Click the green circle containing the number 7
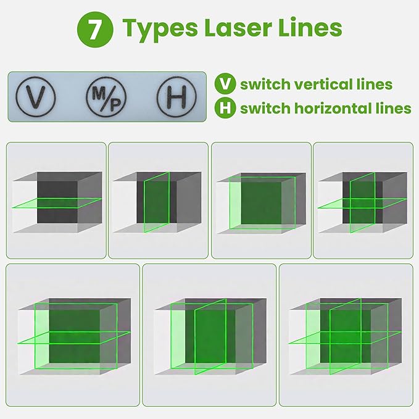(x=93, y=28)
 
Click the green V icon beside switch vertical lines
(x=225, y=85)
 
